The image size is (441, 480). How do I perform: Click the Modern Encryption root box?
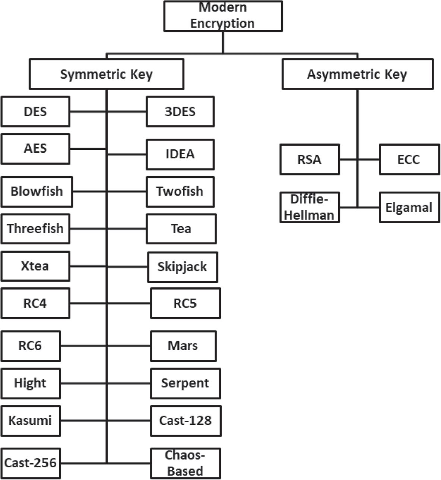click(223, 16)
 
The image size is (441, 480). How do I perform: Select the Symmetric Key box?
click(107, 74)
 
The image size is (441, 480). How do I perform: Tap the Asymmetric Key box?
click(357, 74)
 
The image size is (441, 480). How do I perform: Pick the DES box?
click(35, 111)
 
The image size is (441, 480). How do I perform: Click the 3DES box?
click(180, 111)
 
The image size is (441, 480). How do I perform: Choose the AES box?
click(35, 149)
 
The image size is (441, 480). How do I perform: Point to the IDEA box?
click(180, 154)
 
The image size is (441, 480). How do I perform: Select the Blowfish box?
click(37, 192)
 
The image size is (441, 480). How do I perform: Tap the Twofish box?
click(180, 192)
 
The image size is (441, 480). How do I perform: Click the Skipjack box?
click(183, 267)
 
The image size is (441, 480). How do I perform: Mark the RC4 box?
click(35, 303)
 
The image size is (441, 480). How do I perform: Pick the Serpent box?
click(185, 383)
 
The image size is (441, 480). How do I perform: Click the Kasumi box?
click(31, 421)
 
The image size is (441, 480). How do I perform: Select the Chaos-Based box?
click(185, 463)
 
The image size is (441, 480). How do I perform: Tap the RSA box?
click(310, 160)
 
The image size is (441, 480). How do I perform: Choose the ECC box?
click(409, 160)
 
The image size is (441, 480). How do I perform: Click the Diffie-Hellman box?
click(310, 207)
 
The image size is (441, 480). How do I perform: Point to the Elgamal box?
click(409, 208)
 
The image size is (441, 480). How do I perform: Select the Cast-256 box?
click(31, 463)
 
